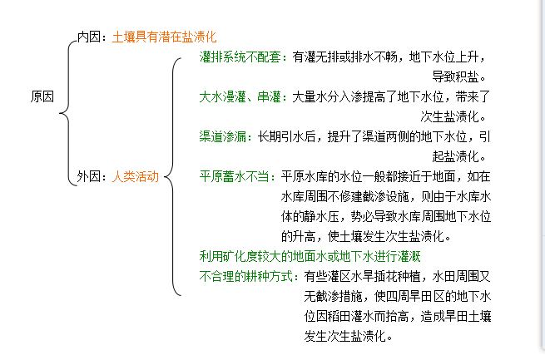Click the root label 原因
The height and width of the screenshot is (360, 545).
(x=43, y=96)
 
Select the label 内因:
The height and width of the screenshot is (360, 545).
(x=92, y=37)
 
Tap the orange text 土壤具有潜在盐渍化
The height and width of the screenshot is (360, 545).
(x=164, y=37)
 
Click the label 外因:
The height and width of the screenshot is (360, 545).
(x=92, y=176)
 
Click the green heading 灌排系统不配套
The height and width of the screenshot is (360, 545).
(x=242, y=57)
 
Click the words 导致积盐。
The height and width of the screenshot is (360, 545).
(x=461, y=77)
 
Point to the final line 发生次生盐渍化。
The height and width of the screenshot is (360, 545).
(x=348, y=336)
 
